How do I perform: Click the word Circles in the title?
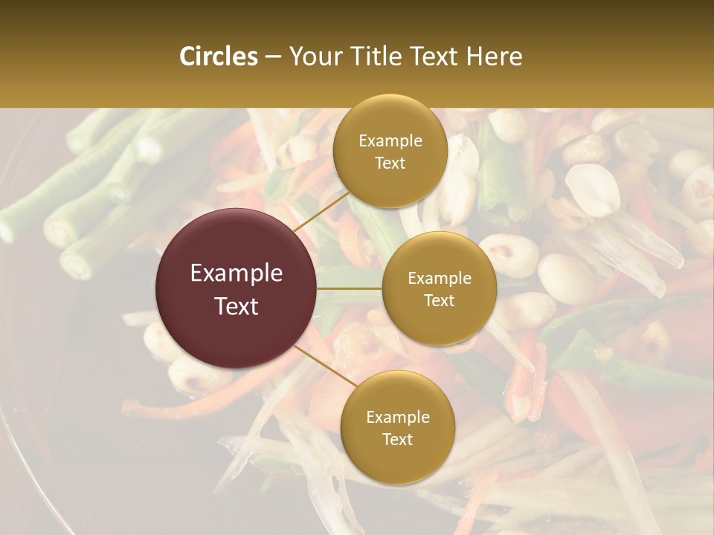click(x=219, y=56)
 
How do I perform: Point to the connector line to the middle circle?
click(x=350, y=288)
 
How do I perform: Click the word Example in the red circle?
click(x=237, y=273)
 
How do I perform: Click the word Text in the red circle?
click(x=237, y=306)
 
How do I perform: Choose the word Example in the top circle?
click(x=390, y=141)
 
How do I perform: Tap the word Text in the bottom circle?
click(x=397, y=439)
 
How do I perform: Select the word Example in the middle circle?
click(x=439, y=279)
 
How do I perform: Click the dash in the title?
click(x=273, y=57)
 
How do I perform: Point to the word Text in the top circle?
click(x=390, y=163)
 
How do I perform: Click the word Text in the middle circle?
click(x=439, y=300)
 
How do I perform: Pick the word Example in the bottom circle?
click(x=397, y=418)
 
